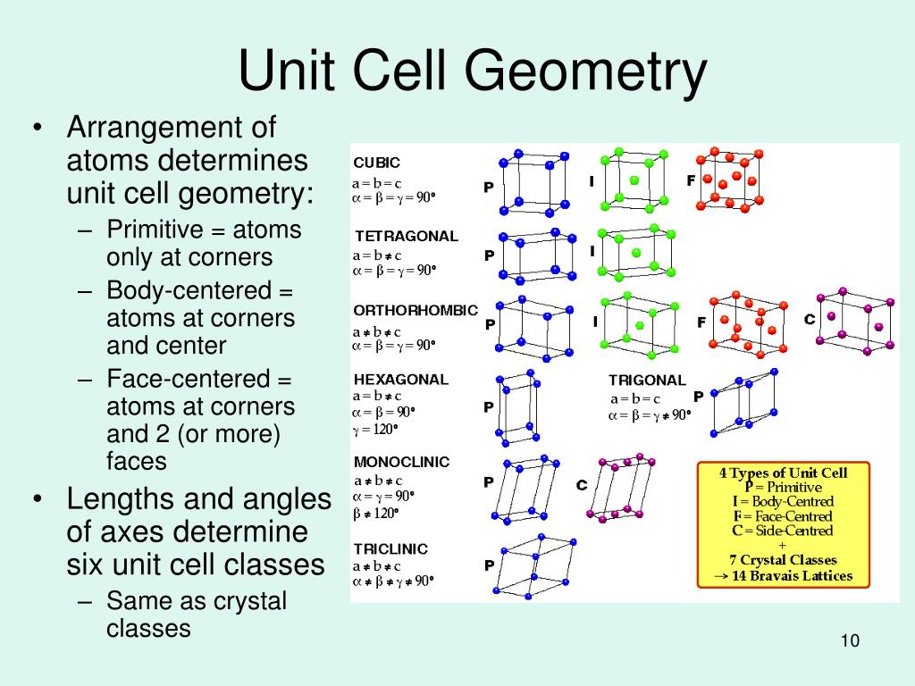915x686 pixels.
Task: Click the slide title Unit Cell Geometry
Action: point(472,72)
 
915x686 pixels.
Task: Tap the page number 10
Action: point(849,642)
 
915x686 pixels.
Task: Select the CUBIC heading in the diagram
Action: point(377,163)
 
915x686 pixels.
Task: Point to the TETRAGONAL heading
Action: point(407,237)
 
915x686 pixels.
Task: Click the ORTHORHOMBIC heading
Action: point(416,311)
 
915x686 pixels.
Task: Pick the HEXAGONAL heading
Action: point(401,379)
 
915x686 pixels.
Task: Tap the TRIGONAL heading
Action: point(647,381)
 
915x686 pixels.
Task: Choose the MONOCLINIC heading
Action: point(402,462)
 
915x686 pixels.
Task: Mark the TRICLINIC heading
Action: point(390,548)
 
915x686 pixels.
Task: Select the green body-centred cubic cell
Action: point(633,180)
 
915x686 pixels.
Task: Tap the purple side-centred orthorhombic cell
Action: point(855,322)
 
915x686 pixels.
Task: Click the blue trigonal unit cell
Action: point(743,402)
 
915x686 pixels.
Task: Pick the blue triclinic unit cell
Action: point(537,567)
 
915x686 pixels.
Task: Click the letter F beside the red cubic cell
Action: point(691,180)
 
